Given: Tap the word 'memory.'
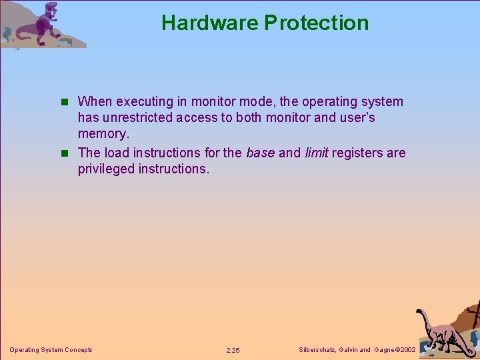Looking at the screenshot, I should [103, 134].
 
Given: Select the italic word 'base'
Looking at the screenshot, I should [260, 153].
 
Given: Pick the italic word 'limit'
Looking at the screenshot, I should [316, 153].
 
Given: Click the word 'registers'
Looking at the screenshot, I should [358, 153].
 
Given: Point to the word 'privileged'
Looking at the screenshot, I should [106, 169].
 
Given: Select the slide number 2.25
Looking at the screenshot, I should [233, 350].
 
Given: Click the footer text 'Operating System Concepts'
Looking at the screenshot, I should [51, 350].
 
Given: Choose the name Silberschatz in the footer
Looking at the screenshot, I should [315, 350].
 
